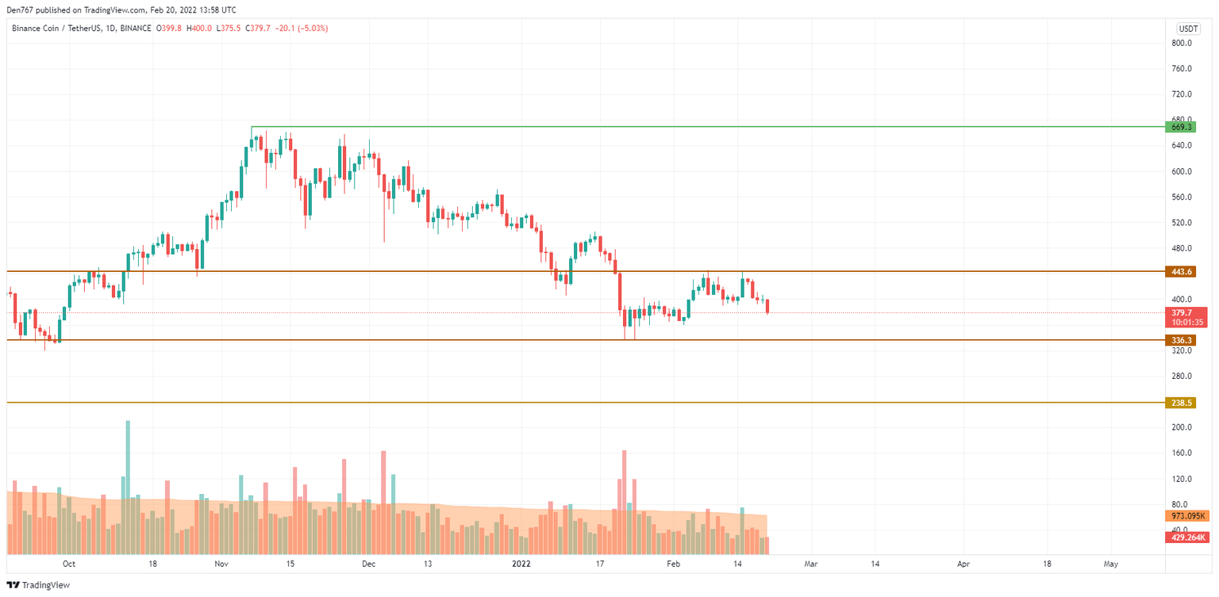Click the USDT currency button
pyautogui.click(x=1188, y=29)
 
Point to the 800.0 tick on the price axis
pyautogui.click(x=1182, y=43)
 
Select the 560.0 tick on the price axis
pyautogui.click(x=1182, y=197)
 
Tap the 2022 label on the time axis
pyautogui.click(x=521, y=564)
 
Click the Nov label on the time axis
pyautogui.click(x=221, y=564)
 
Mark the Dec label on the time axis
pyautogui.click(x=367, y=564)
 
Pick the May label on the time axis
pyautogui.click(x=1111, y=564)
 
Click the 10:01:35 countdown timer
pyautogui.click(x=1188, y=323)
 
